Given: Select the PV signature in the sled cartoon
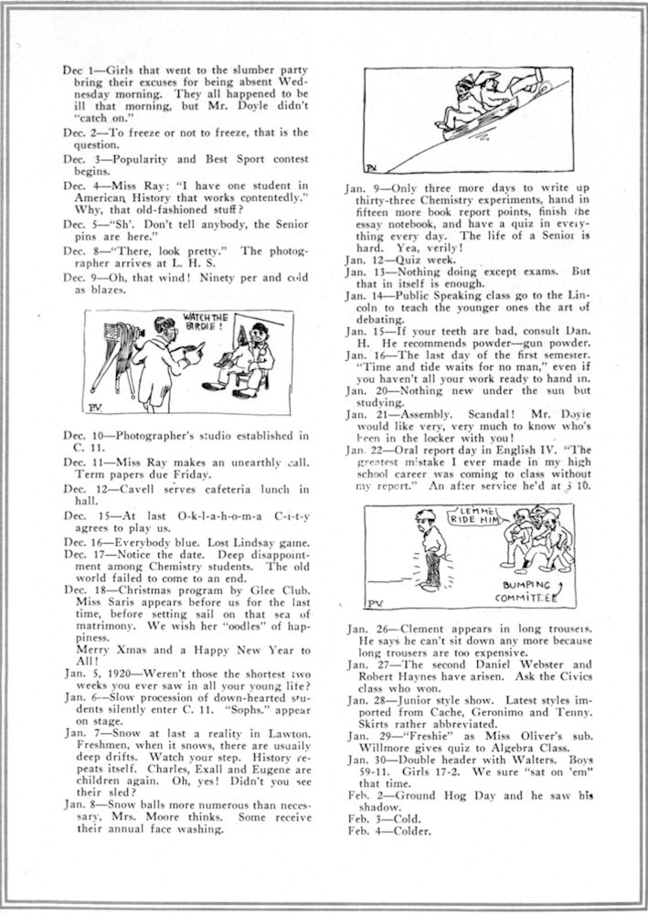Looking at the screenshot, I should [371, 169].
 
